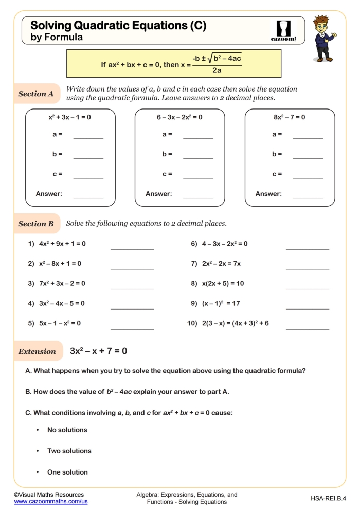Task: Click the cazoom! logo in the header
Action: click(x=283, y=30)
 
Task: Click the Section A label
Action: click(x=36, y=94)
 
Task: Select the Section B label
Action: click(x=36, y=224)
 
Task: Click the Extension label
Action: click(x=37, y=351)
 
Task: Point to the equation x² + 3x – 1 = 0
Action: click(x=69, y=117)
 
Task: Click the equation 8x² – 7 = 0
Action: click(x=290, y=117)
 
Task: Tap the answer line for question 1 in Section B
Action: click(x=132, y=246)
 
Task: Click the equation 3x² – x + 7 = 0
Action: click(x=98, y=351)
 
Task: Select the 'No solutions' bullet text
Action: click(x=67, y=430)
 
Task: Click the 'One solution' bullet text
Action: click(x=67, y=472)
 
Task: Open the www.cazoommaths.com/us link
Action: click(x=50, y=502)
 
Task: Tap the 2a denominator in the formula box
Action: click(x=217, y=70)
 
